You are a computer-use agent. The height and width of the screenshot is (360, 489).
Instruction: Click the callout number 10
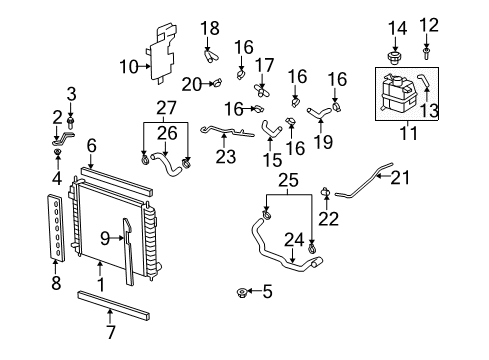click(x=127, y=67)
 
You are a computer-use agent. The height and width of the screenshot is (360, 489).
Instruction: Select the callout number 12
click(x=428, y=24)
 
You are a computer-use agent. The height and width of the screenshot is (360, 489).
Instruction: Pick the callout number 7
click(x=109, y=330)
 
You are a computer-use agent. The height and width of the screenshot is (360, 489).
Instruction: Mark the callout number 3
click(x=70, y=94)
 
